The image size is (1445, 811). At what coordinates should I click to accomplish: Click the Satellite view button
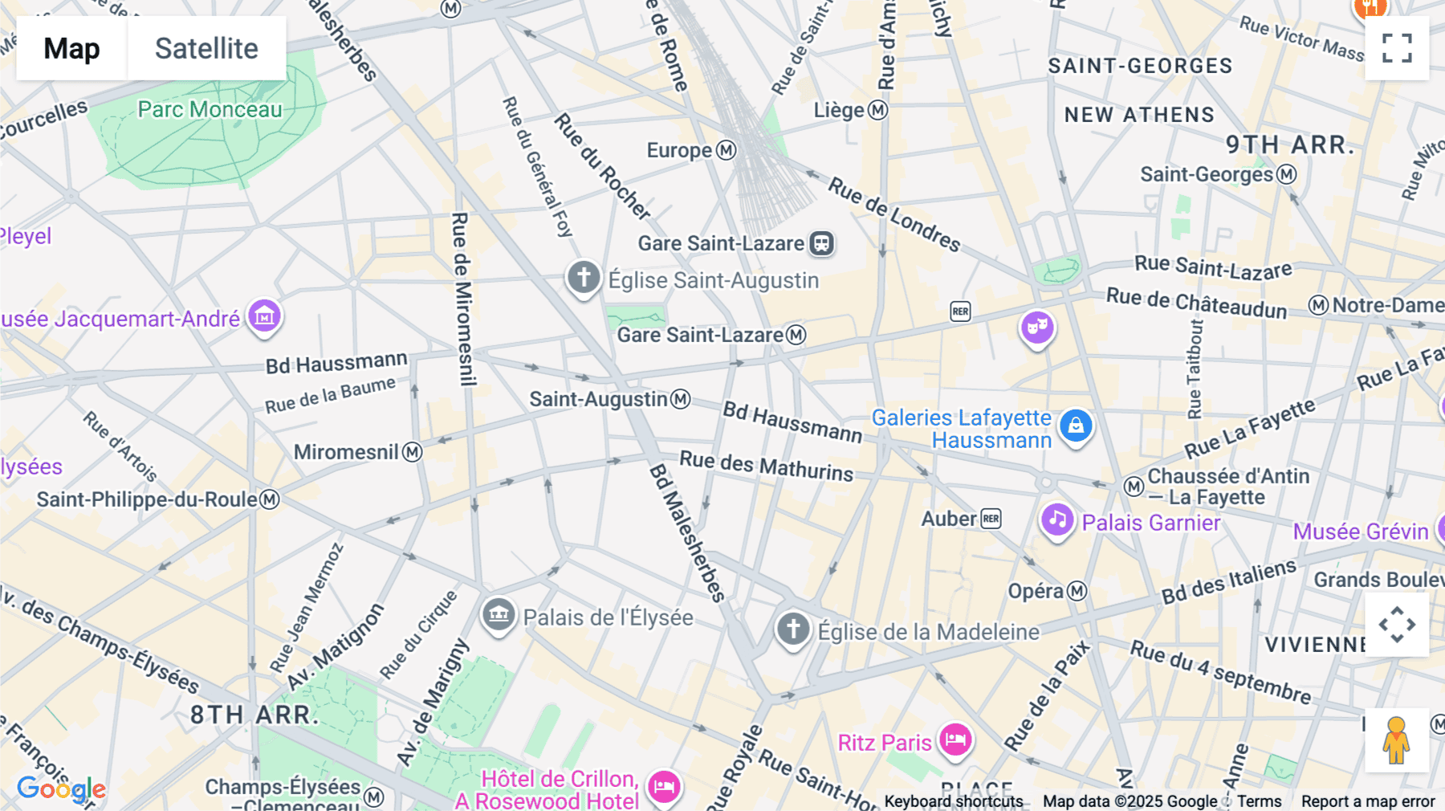tap(206, 48)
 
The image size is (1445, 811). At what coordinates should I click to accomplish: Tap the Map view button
tap(71, 48)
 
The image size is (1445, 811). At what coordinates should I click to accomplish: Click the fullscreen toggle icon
tap(1397, 48)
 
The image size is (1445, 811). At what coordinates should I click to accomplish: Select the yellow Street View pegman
tap(1397, 740)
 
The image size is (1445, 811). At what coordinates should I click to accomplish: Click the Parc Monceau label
tap(210, 109)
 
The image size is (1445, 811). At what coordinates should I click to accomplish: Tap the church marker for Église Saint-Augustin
tap(584, 277)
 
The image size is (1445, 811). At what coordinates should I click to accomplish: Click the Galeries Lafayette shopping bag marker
tap(1076, 426)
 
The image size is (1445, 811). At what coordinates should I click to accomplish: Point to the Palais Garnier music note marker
tap(1057, 520)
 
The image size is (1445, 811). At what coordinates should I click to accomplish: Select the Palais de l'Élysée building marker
tap(498, 615)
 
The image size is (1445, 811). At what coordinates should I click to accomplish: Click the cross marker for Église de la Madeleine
tap(793, 629)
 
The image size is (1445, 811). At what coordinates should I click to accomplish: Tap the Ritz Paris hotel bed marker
tap(955, 740)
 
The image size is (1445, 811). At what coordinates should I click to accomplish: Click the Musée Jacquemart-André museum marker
tap(264, 316)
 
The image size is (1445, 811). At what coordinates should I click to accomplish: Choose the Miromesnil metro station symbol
tap(413, 452)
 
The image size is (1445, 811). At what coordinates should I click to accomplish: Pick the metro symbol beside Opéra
tap(1077, 592)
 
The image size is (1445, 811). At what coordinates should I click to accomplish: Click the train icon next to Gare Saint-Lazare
tap(821, 243)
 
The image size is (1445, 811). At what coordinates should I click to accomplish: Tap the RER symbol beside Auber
tap(991, 519)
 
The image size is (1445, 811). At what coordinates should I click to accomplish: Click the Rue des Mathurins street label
tap(766, 466)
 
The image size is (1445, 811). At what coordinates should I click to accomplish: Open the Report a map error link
tap(1368, 801)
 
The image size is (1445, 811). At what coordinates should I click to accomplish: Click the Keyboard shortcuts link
tap(954, 801)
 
